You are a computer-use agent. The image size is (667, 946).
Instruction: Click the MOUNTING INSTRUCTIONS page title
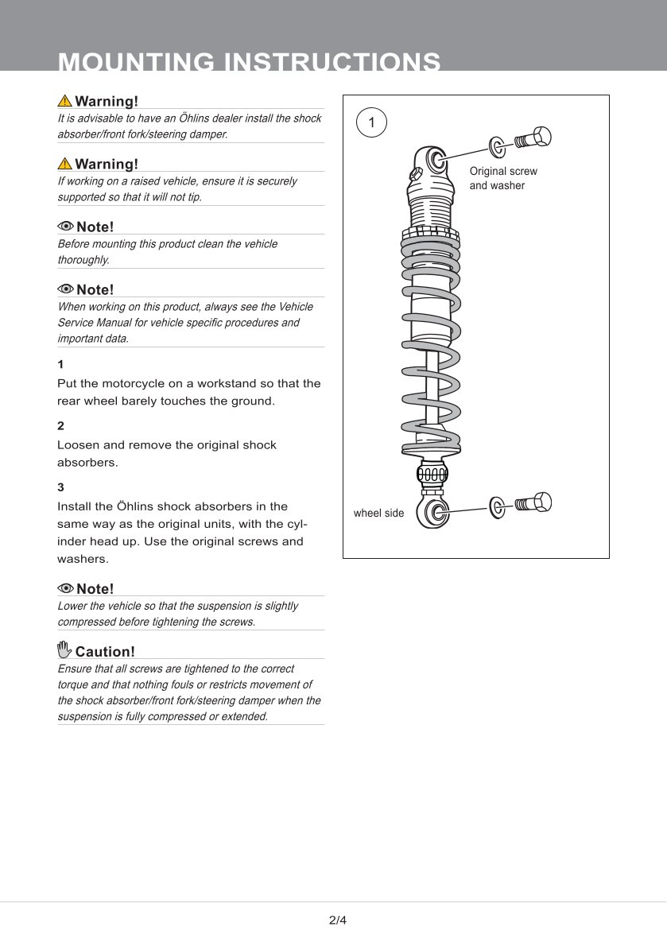click(250, 62)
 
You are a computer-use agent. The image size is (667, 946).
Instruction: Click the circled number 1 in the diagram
click(371, 123)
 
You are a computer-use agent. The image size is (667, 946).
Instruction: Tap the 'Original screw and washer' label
click(502, 178)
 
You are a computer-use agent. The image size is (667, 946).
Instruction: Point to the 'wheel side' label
click(378, 514)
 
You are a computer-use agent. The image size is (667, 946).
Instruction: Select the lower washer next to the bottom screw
click(497, 506)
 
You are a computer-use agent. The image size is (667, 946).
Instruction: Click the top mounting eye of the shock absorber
click(436, 160)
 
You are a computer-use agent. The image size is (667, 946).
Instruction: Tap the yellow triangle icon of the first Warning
click(64, 101)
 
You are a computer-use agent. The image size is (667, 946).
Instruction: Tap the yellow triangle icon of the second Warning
click(64, 164)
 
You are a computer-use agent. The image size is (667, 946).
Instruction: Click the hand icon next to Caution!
click(64, 649)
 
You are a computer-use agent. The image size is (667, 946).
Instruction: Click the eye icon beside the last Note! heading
click(65, 588)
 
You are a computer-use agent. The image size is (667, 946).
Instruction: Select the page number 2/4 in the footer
click(338, 921)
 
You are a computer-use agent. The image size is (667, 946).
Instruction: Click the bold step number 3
click(60, 487)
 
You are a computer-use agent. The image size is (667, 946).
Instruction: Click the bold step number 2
click(60, 425)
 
